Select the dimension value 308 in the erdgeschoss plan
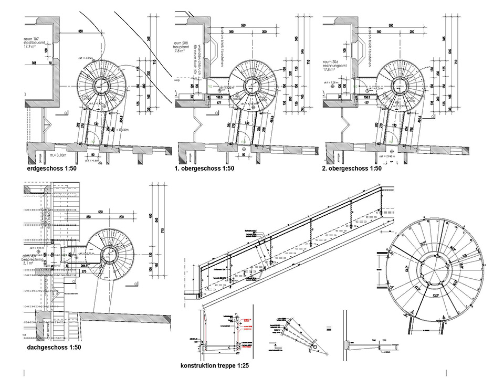(x=34, y=64)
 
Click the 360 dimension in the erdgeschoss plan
(x=80, y=31)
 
